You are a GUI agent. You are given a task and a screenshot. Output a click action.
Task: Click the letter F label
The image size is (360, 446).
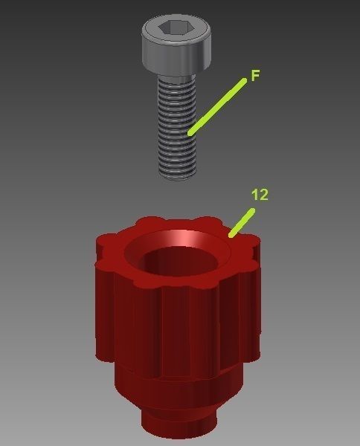(x=254, y=76)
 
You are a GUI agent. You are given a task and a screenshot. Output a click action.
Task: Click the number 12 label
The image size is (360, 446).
(x=260, y=195)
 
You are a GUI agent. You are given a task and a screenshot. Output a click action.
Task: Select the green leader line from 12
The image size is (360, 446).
(x=242, y=222)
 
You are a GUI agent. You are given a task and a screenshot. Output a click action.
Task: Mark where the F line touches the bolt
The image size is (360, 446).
(x=191, y=133)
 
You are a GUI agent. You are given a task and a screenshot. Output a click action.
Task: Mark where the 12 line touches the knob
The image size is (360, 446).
(x=231, y=236)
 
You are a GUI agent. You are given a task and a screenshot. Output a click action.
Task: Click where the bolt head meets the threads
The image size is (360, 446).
(x=177, y=76)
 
